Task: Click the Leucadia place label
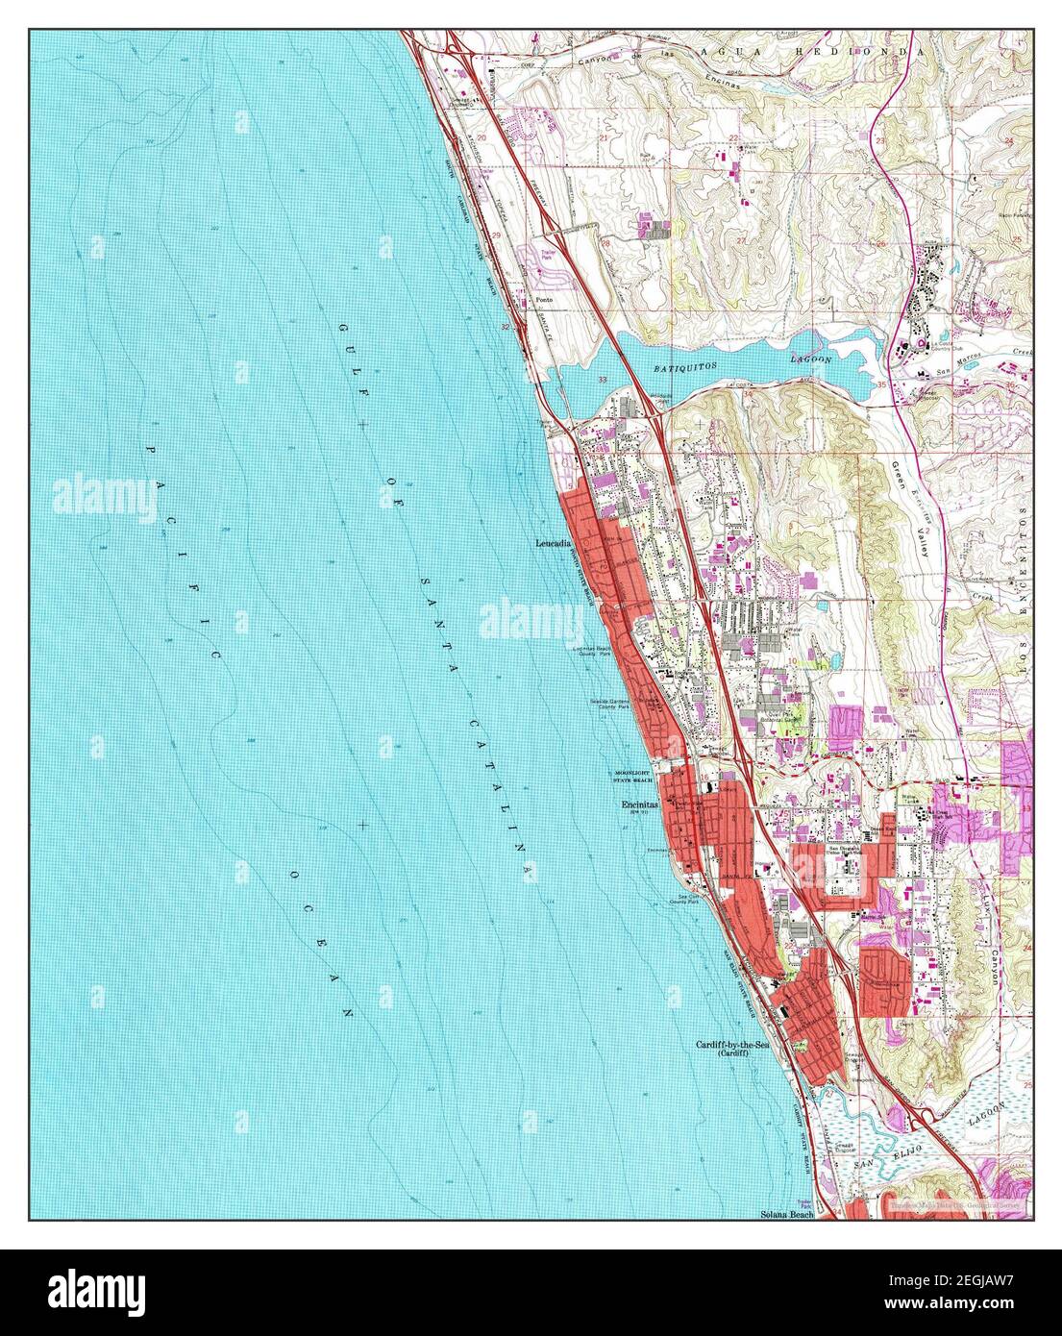coord(554,543)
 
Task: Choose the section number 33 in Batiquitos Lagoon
coord(603,382)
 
